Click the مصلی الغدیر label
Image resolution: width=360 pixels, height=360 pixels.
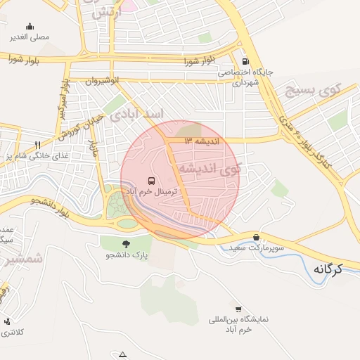(x=29, y=36)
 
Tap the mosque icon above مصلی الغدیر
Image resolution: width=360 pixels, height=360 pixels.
(x=29, y=26)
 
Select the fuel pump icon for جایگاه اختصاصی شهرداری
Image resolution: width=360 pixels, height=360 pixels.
(x=245, y=60)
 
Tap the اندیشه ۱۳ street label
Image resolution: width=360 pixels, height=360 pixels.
(x=202, y=141)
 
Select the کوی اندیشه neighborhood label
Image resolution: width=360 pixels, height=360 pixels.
(x=209, y=169)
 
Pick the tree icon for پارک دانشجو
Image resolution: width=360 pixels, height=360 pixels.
(x=126, y=243)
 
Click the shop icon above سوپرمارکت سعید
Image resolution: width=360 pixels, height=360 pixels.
(x=255, y=238)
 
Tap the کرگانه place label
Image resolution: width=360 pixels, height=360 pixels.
(x=325, y=269)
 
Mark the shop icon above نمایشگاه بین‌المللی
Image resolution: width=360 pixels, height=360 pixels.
(x=238, y=309)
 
